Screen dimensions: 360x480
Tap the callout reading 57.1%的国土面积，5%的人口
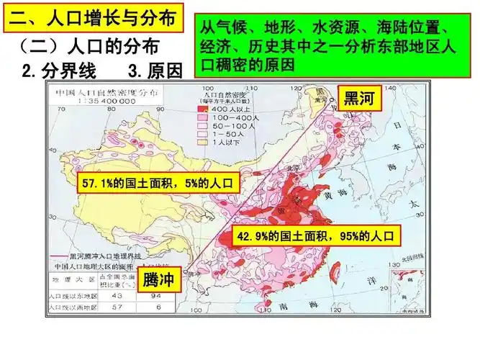158,184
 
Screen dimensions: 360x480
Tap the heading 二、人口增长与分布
94,17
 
